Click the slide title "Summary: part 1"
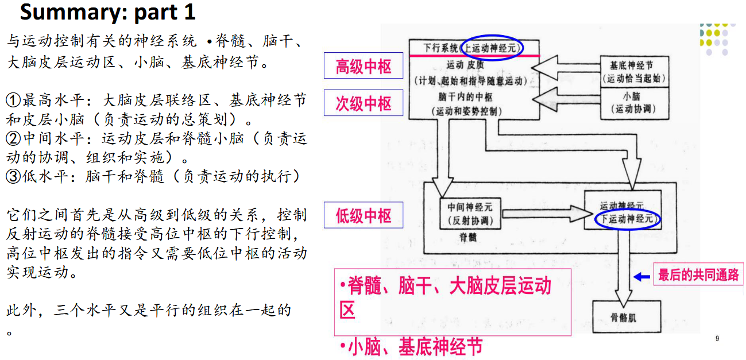[107, 12]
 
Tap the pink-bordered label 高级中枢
[363, 67]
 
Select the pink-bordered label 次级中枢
[363, 103]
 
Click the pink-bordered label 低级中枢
[363, 216]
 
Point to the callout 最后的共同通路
[698, 276]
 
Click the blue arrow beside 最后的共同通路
[641, 277]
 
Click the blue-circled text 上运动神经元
[493, 48]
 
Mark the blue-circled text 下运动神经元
[627, 219]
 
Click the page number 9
[717, 339]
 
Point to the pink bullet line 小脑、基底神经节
[411, 347]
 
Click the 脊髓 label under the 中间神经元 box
[466, 237]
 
